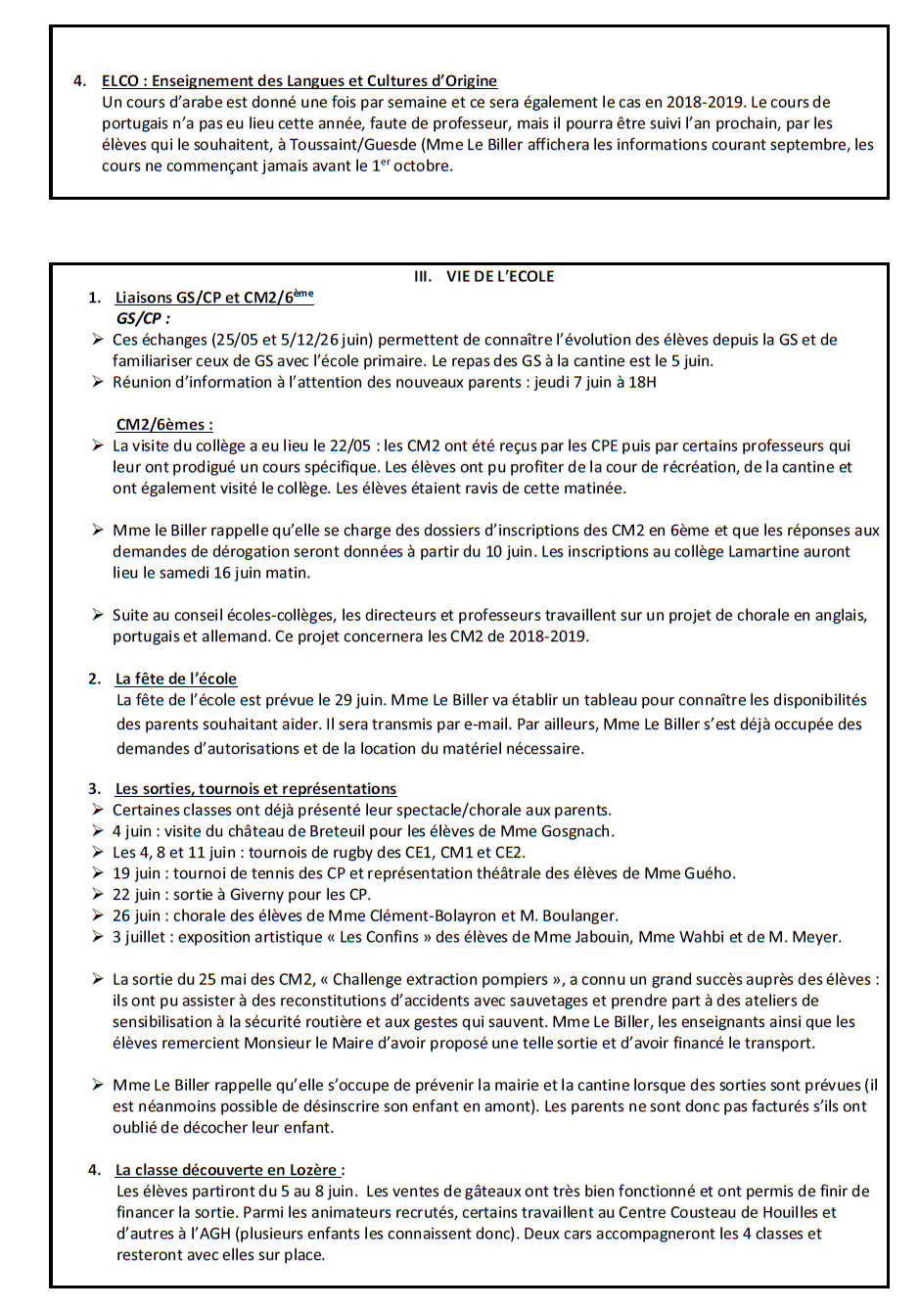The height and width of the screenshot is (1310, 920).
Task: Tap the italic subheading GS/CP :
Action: pos(143,318)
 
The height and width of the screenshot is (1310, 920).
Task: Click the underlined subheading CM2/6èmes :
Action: pos(164,424)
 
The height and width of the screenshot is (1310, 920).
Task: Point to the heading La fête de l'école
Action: pos(176,678)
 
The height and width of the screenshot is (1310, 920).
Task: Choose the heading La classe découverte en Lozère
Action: pos(227,1169)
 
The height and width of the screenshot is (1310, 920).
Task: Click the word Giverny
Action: pos(259,894)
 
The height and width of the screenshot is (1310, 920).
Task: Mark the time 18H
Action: pos(642,382)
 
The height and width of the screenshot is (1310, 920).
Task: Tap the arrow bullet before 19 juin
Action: pos(98,872)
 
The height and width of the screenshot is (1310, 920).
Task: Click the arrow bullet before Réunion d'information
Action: pos(98,381)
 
